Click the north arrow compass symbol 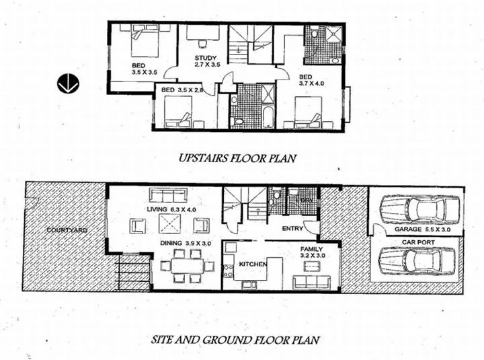click(69, 83)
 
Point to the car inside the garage click(419, 209)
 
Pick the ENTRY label click(293, 229)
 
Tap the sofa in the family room click(312, 281)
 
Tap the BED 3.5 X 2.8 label click(177, 89)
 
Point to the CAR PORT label click(417, 242)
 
